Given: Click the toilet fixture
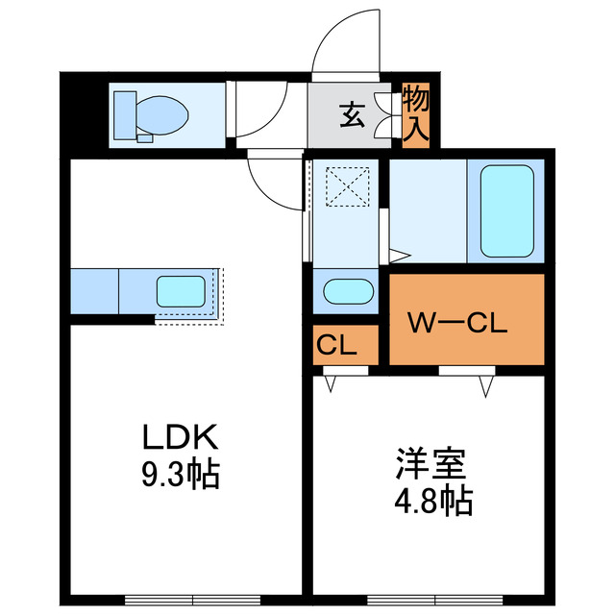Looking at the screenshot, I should (154, 115).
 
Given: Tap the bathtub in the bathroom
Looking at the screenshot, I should (505, 210).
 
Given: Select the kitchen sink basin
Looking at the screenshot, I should (181, 292).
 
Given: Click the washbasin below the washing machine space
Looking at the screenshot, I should (347, 291).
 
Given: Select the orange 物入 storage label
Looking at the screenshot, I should (416, 114).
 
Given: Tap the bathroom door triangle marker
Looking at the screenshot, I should (400, 256).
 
